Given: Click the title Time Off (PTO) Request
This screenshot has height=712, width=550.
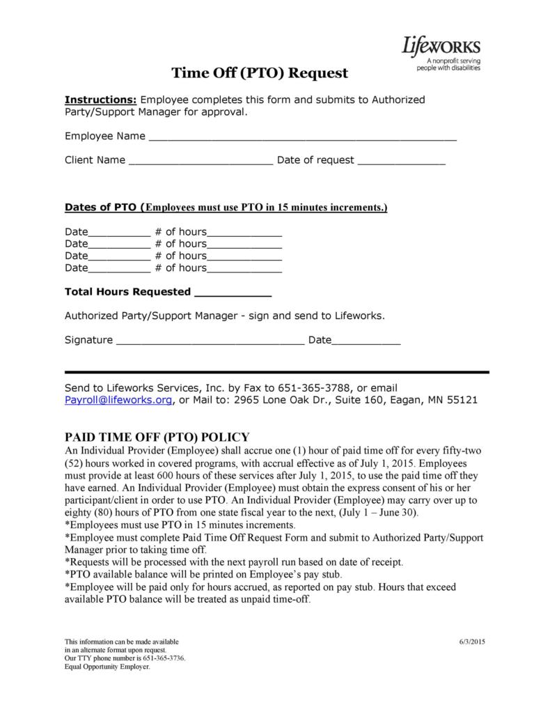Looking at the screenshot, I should click(260, 72).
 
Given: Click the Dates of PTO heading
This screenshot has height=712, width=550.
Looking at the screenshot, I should click(100, 207).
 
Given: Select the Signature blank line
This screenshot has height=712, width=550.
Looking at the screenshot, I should click(210, 341).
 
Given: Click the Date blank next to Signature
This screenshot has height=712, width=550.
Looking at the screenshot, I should click(366, 341).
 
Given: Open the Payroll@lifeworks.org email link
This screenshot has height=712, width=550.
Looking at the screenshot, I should click(118, 400).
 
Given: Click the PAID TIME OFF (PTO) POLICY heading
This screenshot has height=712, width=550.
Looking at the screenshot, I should click(157, 437).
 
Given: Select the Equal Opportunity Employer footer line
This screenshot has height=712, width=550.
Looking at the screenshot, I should click(107, 666).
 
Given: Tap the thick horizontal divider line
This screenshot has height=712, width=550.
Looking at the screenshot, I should click(276, 372).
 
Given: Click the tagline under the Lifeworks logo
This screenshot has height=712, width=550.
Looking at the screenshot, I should click(448, 65).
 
